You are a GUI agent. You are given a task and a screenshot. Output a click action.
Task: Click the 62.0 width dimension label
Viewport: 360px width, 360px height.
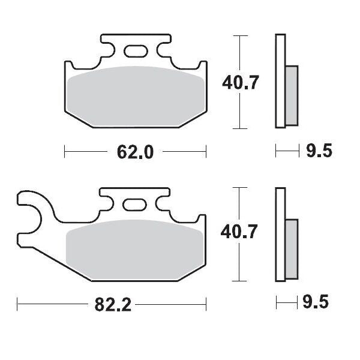136,152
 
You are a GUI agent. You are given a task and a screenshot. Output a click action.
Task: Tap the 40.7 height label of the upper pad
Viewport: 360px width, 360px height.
241,82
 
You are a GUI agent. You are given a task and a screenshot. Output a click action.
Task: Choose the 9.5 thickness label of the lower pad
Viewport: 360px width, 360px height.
318,304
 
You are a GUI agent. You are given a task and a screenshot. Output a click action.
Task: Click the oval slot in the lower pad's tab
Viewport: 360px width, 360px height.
134,205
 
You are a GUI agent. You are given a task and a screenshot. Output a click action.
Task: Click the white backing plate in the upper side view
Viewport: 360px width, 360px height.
279,81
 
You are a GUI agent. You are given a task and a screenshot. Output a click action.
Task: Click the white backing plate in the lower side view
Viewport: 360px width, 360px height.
279,234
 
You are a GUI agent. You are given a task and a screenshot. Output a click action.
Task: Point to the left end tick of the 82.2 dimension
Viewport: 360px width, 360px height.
17,304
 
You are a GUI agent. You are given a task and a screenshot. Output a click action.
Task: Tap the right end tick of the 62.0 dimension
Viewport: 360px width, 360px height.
206,152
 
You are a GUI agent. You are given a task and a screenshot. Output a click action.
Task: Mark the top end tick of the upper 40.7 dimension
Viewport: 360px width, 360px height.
240,36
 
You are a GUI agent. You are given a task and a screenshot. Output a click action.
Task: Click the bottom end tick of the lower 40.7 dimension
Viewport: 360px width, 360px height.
240,281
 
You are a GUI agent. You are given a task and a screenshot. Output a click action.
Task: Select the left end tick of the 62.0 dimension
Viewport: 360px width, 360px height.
64,152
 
